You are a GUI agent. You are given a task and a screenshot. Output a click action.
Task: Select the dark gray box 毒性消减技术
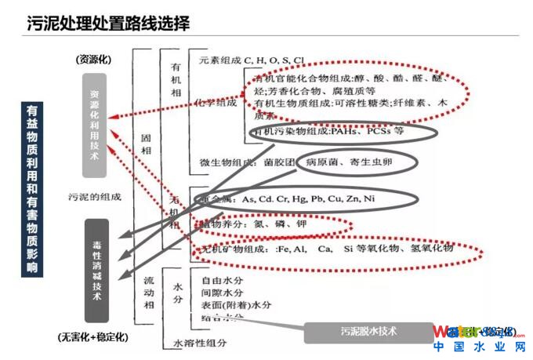point(96,271)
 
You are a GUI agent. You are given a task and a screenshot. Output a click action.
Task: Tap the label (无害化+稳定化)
point(93,336)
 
